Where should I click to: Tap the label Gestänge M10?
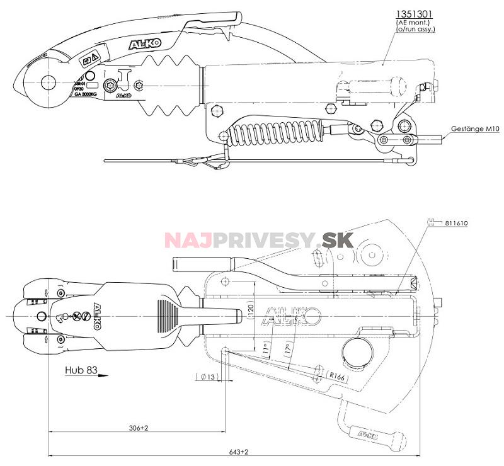point(474,128)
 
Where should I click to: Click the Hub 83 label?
point(80,371)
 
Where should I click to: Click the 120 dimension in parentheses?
point(250,310)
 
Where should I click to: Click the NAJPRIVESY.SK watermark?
point(259,241)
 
